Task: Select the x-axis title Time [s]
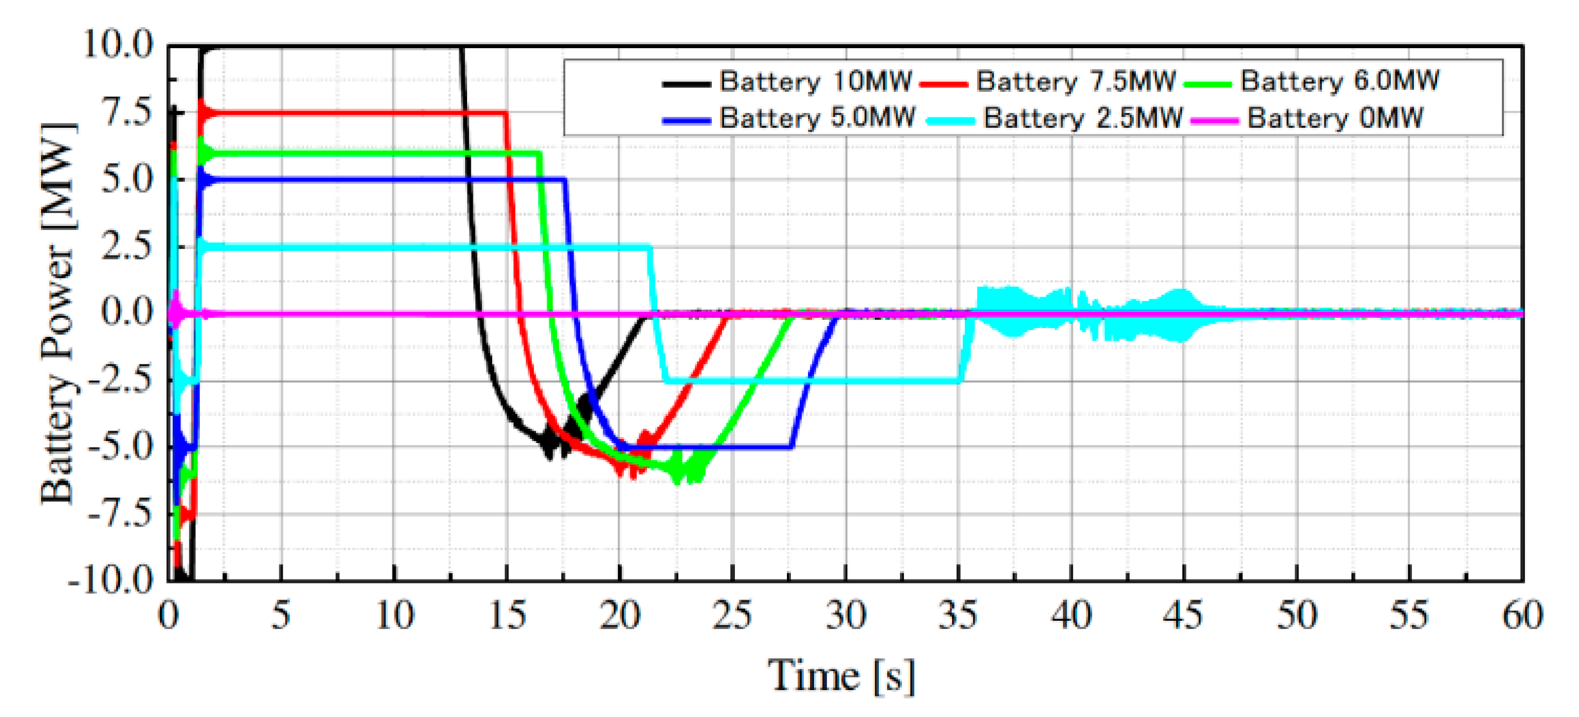pos(842,676)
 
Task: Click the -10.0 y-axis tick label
pos(110,580)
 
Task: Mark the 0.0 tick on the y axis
pos(127,313)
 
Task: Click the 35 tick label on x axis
pos(958,615)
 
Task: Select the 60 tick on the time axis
pos(1521,615)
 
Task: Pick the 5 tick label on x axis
pos(281,615)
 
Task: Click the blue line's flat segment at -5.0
pos(707,447)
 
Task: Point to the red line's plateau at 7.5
pos(353,114)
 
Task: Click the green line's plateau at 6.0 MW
pos(373,153)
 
